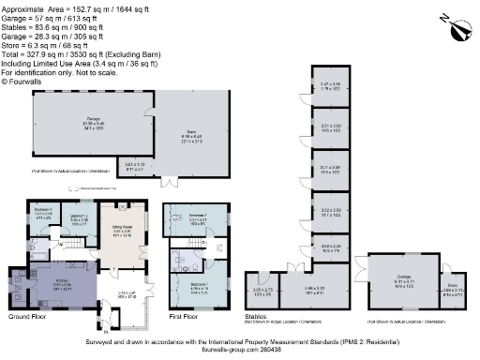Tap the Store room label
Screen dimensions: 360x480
[x=449, y=290]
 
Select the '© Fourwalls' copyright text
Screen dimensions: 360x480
[x=20, y=82]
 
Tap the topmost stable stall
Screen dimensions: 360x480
[x=329, y=87]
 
